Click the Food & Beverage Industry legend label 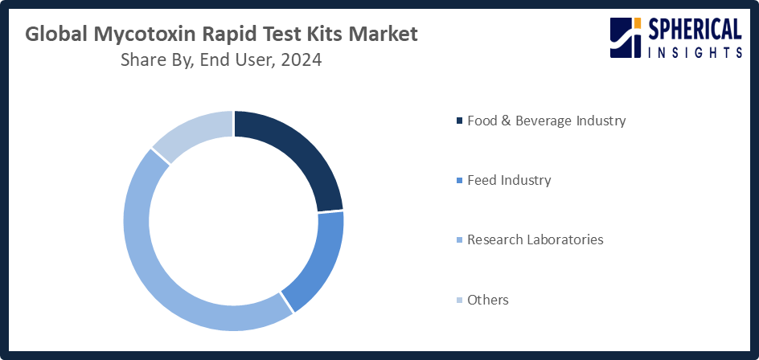click(x=546, y=121)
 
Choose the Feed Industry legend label click(x=509, y=180)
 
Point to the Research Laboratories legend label click(x=535, y=239)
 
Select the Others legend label click(x=487, y=300)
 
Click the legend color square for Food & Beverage click(x=459, y=121)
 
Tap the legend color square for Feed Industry click(x=459, y=181)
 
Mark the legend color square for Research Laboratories click(x=459, y=240)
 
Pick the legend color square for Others click(x=459, y=301)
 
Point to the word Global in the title click(x=53, y=35)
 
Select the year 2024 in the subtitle click(x=301, y=60)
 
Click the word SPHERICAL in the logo click(x=695, y=30)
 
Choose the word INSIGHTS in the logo click(x=695, y=52)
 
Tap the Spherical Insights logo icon click(x=626, y=39)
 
